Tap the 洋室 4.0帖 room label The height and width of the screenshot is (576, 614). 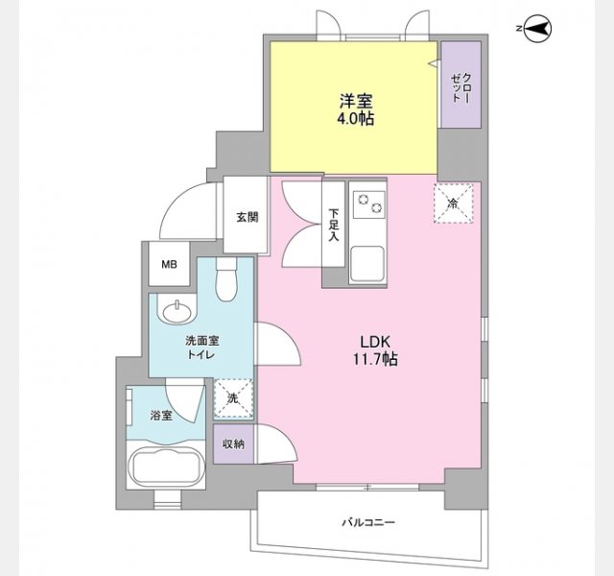tap(355, 108)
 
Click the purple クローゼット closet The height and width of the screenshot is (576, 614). tap(460, 86)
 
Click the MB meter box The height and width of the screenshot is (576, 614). tap(169, 264)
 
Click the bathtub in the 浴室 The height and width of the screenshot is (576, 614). tap(164, 468)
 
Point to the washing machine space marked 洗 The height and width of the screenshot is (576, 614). tap(231, 396)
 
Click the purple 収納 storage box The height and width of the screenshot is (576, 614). tap(233, 444)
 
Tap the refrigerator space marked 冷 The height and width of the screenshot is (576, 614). tap(453, 203)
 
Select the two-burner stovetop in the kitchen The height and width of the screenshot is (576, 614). tap(367, 204)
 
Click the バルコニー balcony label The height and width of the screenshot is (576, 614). tap(369, 523)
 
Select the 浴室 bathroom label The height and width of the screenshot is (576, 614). tap(160, 415)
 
